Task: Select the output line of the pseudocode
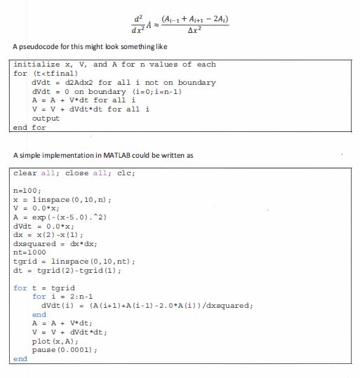(x=46, y=119)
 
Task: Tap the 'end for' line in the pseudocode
(x=29, y=128)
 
